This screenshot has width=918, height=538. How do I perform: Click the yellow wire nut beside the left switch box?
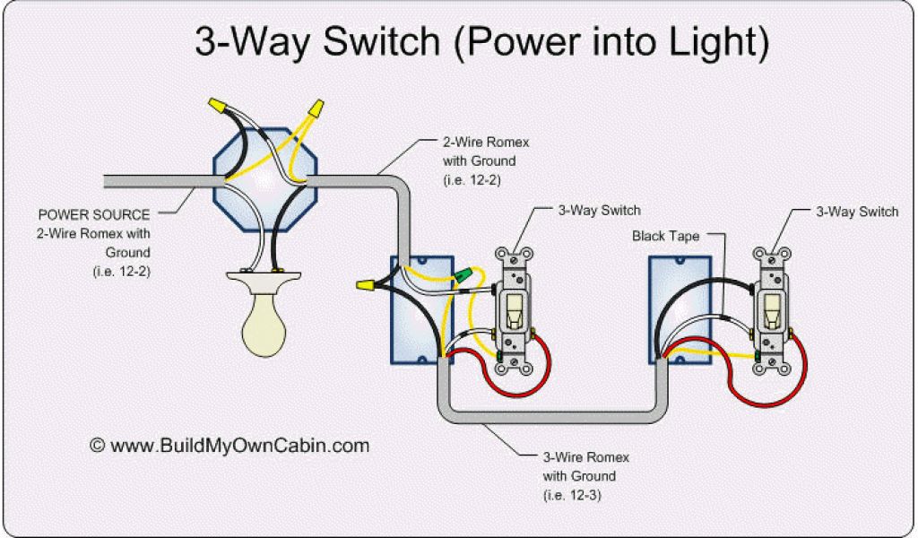click(365, 285)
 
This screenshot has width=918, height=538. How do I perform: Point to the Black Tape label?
click(665, 236)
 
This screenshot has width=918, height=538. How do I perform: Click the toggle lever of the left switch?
click(515, 310)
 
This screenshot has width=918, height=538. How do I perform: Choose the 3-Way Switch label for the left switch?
click(599, 211)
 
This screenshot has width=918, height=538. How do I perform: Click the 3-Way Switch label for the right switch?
click(856, 212)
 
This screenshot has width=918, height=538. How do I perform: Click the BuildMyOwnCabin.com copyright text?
click(229, 445)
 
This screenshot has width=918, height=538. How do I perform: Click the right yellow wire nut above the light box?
click(313, 110)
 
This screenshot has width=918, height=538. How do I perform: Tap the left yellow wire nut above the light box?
click(217, 107)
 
